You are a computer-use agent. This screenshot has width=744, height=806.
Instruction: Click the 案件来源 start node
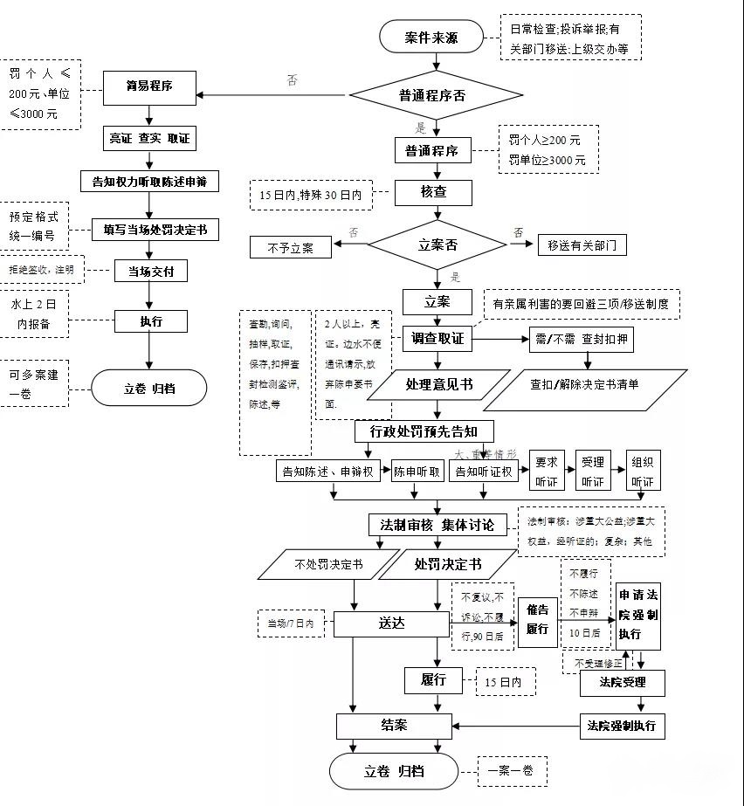[431, 38]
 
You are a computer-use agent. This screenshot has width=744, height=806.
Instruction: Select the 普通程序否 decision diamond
[437, 95]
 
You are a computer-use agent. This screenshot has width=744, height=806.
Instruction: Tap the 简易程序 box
[148, 86]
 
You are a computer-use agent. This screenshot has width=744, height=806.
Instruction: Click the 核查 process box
[434, 193]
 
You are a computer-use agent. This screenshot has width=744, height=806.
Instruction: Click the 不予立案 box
[292, 247]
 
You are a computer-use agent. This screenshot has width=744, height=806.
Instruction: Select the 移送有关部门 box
[582, 245]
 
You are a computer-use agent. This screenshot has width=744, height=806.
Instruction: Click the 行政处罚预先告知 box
[424, 431]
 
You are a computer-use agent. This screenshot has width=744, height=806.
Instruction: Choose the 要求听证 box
[548, 472]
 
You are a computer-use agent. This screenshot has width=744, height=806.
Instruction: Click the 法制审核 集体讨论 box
[437, 525]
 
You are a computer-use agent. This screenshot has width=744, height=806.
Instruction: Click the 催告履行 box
[537, 621]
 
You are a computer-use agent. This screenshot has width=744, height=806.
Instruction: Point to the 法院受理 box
[623, 682]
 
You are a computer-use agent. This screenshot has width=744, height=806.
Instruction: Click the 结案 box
[395, 725]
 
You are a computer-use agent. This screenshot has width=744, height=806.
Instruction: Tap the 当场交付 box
[151, 272]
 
